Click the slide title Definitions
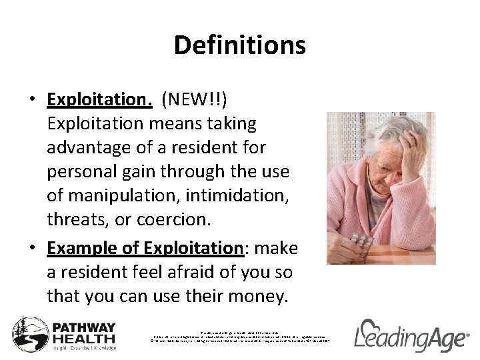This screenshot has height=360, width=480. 239,45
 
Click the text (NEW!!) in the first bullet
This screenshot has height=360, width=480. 197,99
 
